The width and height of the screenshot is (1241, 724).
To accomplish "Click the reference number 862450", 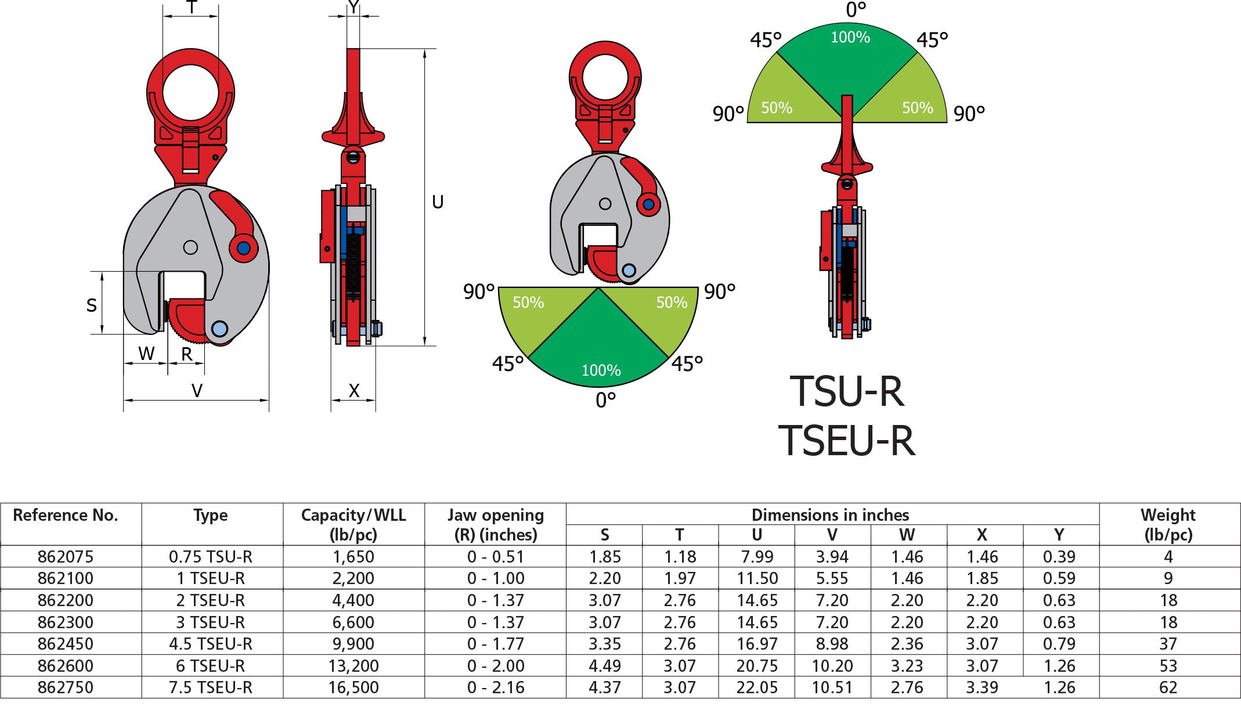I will click(65, 644).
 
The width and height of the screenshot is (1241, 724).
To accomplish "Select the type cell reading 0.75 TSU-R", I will click(211, 557).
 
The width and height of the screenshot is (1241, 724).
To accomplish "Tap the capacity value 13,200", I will click(353, 666).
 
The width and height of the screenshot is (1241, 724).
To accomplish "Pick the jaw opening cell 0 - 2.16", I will click(495, 687).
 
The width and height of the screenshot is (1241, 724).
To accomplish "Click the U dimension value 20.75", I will click(757, 666).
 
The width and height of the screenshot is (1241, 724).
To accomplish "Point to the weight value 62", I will click(1168, 687).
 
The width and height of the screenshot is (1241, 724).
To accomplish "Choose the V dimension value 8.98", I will click(832, 644).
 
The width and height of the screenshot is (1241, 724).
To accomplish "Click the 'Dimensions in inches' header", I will click(830, 515).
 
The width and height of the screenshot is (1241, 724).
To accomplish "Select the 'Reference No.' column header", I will click(65, 516).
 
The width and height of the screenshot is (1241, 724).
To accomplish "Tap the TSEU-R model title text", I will click(846, 441).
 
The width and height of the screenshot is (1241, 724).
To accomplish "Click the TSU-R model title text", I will click(846, 391).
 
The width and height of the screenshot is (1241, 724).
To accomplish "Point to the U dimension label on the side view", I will click(438, 202).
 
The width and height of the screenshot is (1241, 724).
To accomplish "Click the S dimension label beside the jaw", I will click(92, 305).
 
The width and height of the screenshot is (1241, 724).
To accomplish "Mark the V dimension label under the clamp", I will click(197, 390).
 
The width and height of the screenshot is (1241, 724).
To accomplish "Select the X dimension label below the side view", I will click(353, 390).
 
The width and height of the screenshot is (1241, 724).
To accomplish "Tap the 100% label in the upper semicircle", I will click(850, 38).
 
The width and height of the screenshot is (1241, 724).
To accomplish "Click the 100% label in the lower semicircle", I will click(601, 370).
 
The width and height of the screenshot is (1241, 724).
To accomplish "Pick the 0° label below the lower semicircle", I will click(605, 400).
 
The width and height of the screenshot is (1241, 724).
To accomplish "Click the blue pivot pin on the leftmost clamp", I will click(244, 248).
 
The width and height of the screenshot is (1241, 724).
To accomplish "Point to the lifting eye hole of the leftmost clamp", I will click(190, 93).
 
